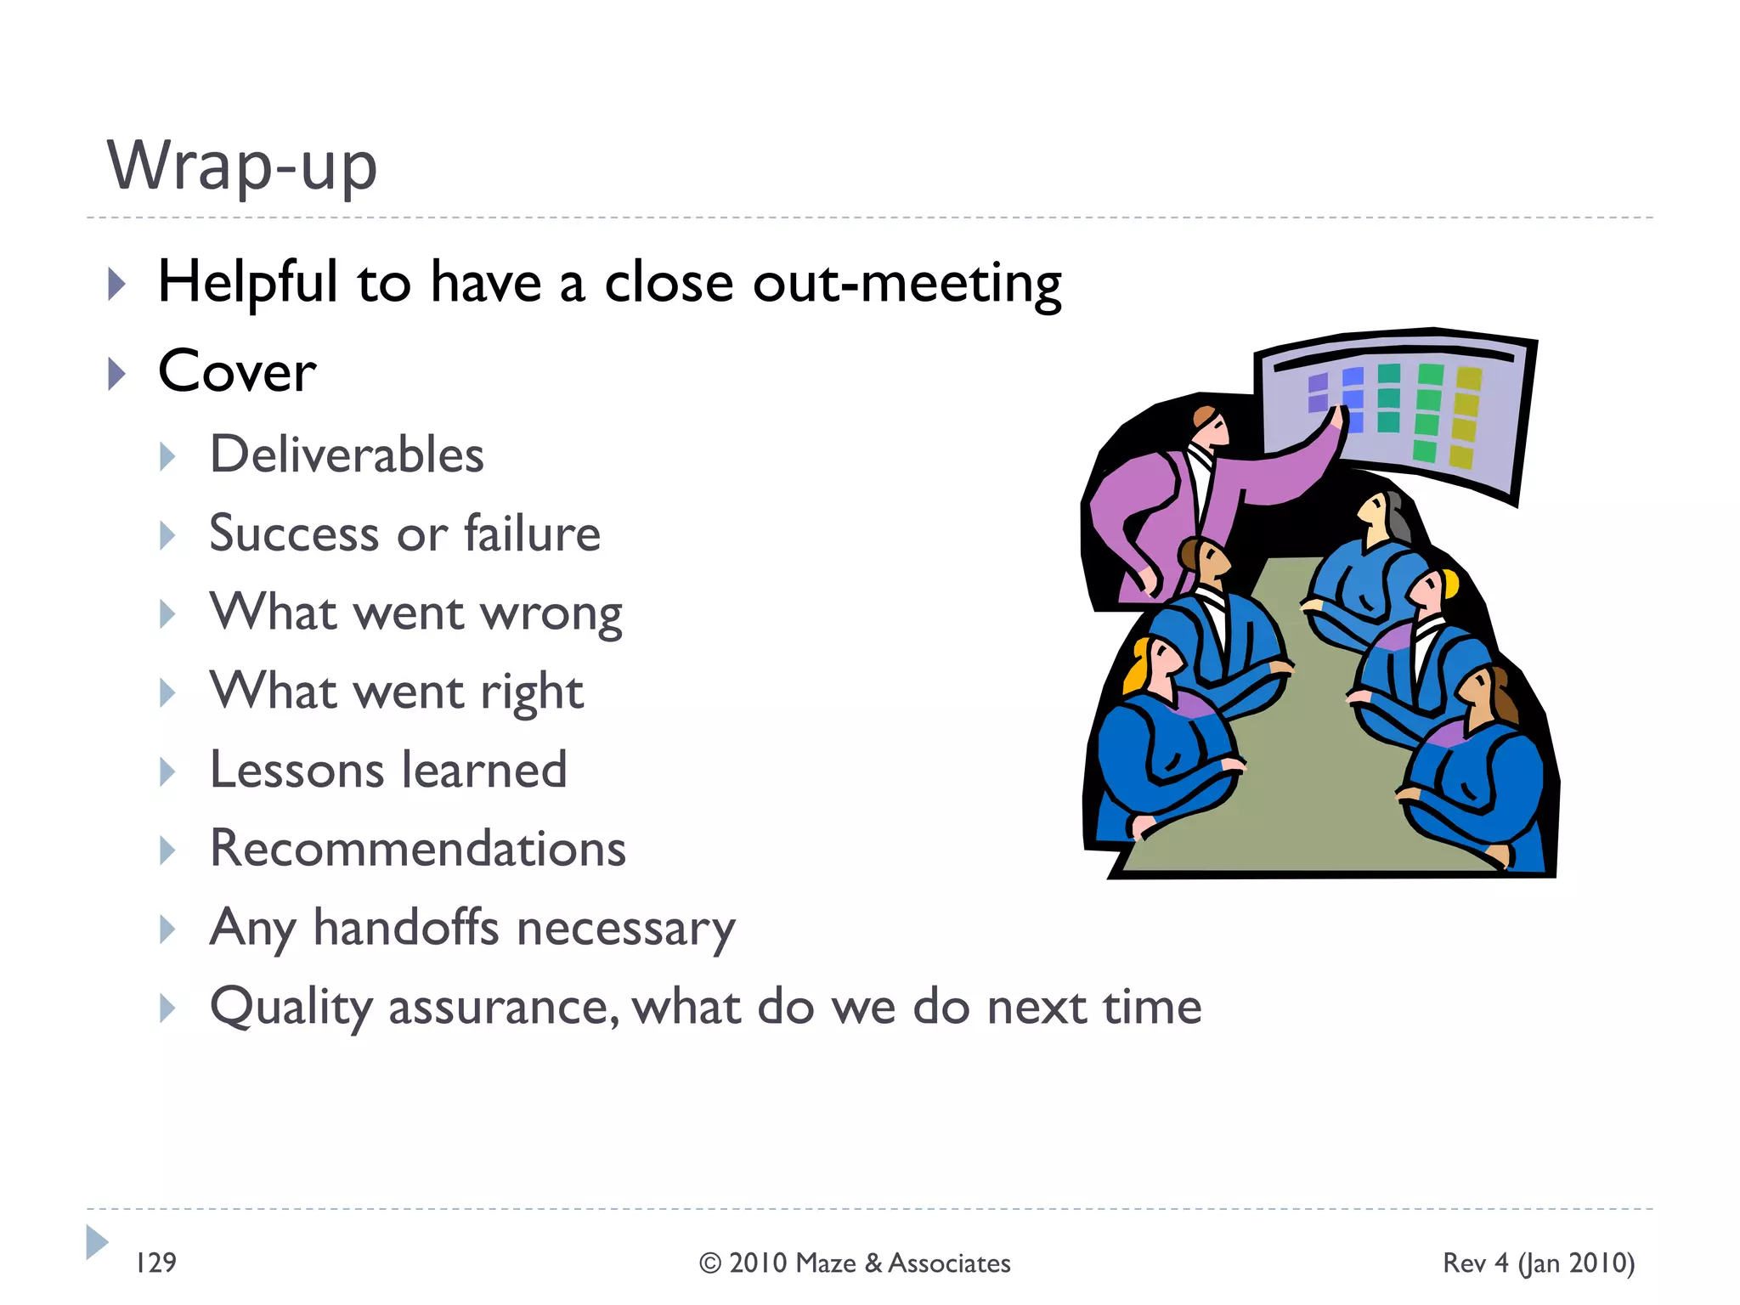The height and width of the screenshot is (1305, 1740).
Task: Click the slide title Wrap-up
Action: [242, 166]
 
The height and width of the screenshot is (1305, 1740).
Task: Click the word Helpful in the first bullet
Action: [248, 282]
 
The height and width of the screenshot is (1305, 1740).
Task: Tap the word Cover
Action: [237, 372]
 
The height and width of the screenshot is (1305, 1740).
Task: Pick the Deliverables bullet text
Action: [347, 455]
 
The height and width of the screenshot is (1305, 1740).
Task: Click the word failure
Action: [532, 534]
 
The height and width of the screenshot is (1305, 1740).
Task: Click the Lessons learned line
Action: [388, 771]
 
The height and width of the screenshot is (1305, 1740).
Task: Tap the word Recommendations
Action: [418, 849]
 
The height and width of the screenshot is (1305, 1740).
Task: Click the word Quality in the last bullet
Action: [291, 1008]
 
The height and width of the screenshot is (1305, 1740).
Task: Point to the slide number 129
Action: [156, 1263]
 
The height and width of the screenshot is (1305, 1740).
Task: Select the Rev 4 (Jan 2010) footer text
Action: [1539, 1263]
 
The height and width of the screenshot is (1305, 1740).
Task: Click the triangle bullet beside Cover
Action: [117, 373]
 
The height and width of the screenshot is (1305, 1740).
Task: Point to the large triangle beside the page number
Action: [97, 1242]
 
